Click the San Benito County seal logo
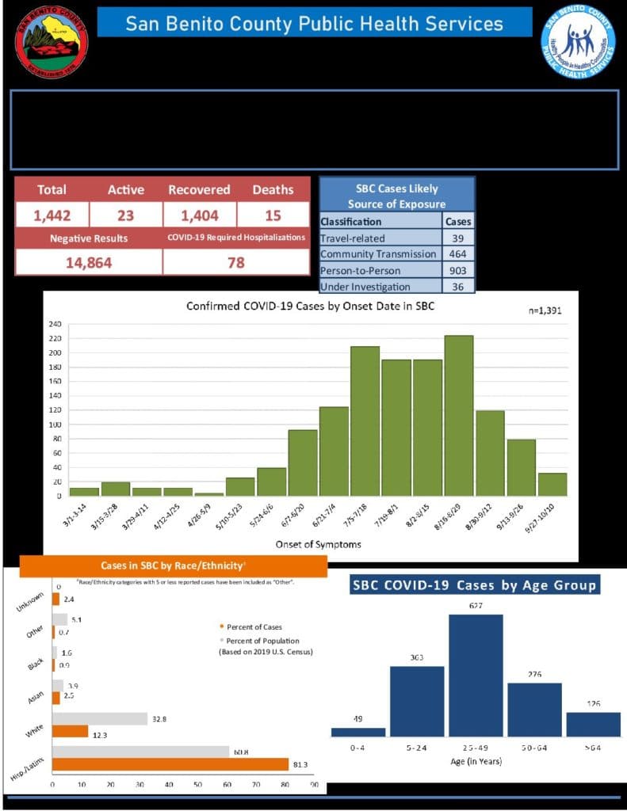pos(52,42)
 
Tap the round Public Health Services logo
pos(578,42)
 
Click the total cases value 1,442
pos(51,215)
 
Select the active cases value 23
pos(125,215)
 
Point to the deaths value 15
pos(273,215)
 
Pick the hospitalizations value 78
pos(235,262)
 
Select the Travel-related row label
pos(352,238)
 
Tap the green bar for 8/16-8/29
pos(459,416)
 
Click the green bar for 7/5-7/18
pos(365,421)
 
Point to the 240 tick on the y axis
pos(55,324)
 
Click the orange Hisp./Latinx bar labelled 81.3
pos(170,764)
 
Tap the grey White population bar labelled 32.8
pos(100,718)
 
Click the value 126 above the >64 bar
pos(593,703)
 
